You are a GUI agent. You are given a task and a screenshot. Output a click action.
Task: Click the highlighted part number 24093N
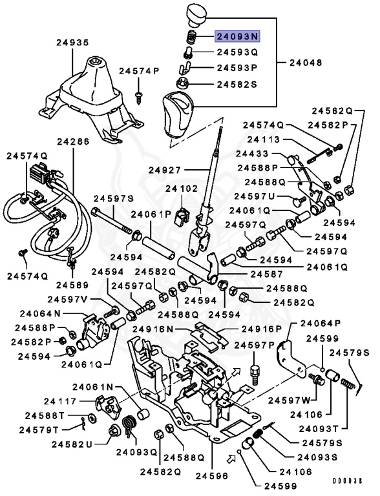click(x=237, y=37)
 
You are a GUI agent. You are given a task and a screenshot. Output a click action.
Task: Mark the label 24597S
click(x=113, y=198)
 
